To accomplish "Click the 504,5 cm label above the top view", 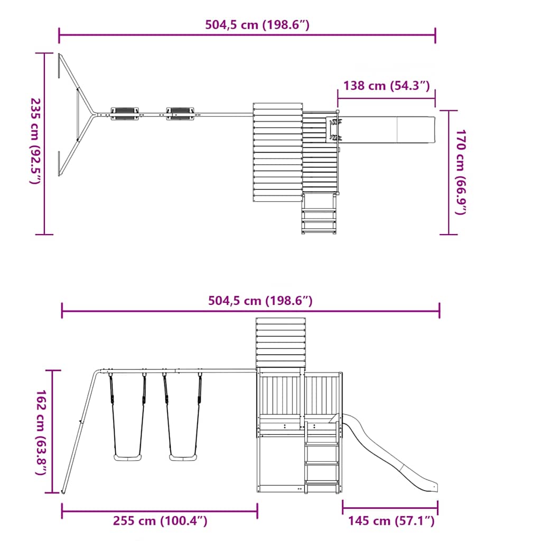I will click(x=257, y=25).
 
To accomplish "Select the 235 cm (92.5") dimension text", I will click(x=35, y=141).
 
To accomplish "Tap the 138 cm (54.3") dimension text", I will click(x=386, y=86).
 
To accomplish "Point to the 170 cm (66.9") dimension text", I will click(x=461, y=172).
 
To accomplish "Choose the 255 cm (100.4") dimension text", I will click(x=160, y=521).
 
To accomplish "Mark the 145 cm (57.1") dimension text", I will click(x=391, y=521).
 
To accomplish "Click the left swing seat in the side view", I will click(x=127, y=457).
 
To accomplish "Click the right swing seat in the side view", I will click(x=182, y=457).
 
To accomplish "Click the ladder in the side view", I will click(x=322, y=460).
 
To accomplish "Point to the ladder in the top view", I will click(x=319, y=214).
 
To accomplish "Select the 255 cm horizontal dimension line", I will click(x=160, y=511).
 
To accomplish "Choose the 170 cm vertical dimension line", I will click(x=449, y=172).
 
